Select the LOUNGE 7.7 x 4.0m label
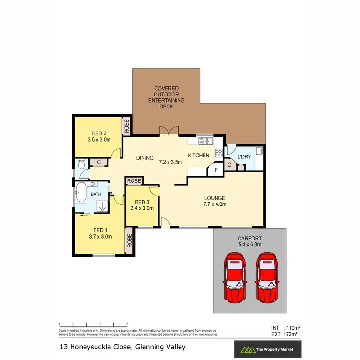tap(214, 201)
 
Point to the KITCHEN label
tap(198, 156)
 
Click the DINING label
tap(144, 158)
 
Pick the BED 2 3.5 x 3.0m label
tap(99, 137)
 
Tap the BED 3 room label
tap(142, 205)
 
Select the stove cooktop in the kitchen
tap(218, 154)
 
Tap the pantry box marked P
tap(216, 169)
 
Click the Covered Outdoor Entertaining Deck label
tap(167, 97)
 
